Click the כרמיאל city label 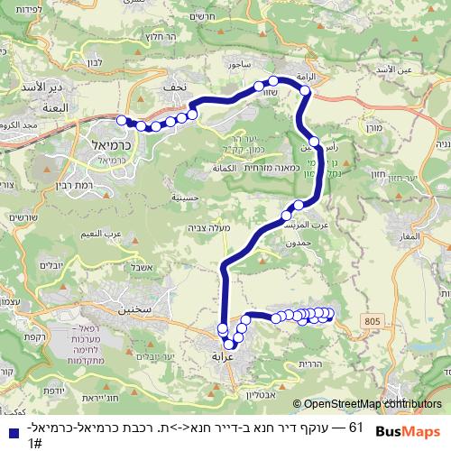[113, 144]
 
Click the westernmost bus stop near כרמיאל [122, 119]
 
